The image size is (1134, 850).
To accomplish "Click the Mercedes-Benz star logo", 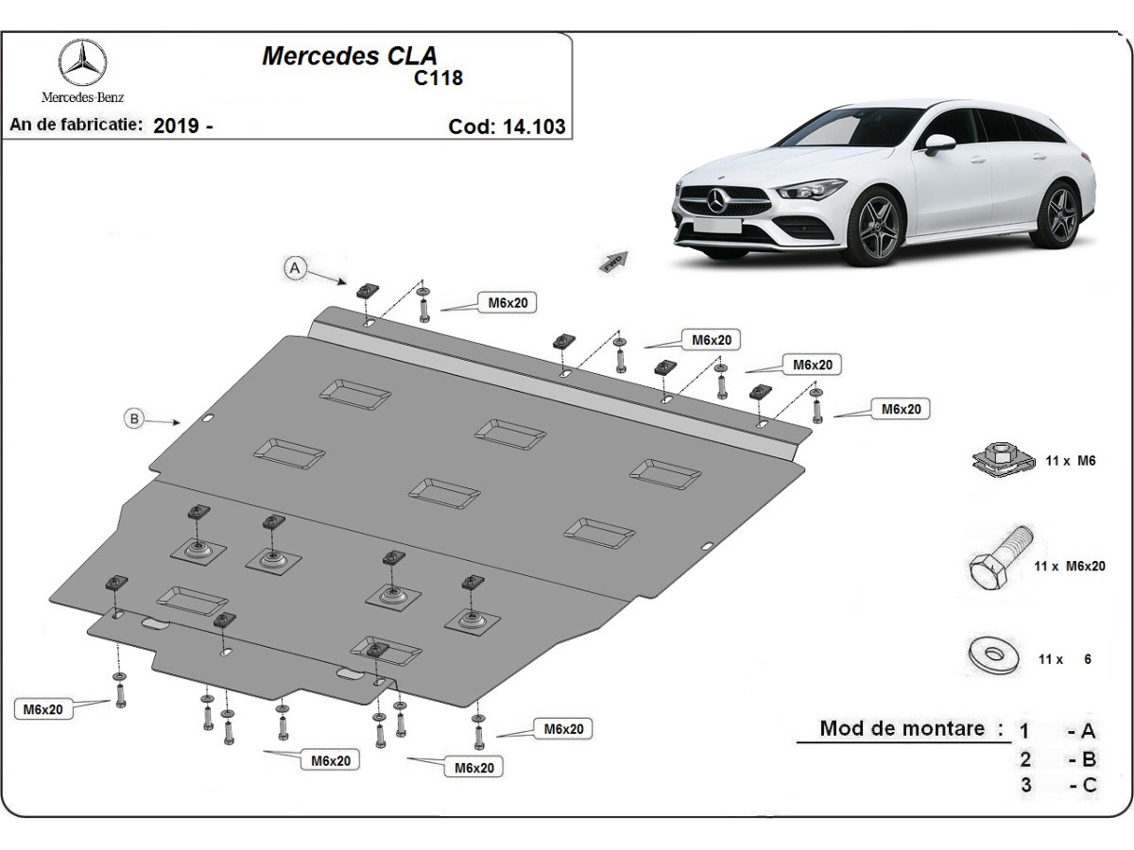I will [82, 63].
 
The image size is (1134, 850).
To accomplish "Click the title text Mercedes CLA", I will [349, 56].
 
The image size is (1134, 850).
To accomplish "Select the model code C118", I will [438, 78].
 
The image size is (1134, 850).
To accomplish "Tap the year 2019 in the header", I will [176, 126].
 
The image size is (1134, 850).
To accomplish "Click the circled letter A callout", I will [295, 269].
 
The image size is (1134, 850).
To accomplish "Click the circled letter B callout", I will [135, 418].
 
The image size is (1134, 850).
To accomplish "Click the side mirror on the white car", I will [938, 144].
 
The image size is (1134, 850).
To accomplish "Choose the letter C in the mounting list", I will [1089, 784].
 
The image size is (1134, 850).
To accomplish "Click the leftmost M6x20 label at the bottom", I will [43, 709].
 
